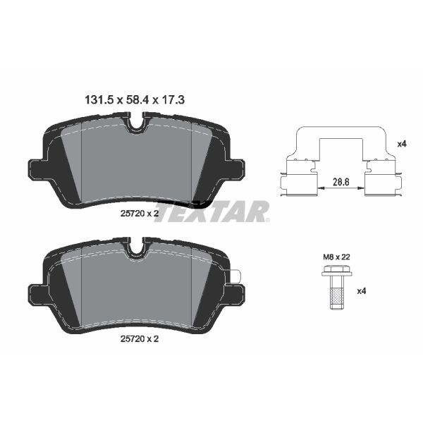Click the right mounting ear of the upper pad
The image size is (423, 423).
tap(236, 168)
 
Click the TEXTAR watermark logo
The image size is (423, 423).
tap(211, 211)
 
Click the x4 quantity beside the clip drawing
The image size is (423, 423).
tap(402, 143)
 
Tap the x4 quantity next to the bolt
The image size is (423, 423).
tap(361, 290)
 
